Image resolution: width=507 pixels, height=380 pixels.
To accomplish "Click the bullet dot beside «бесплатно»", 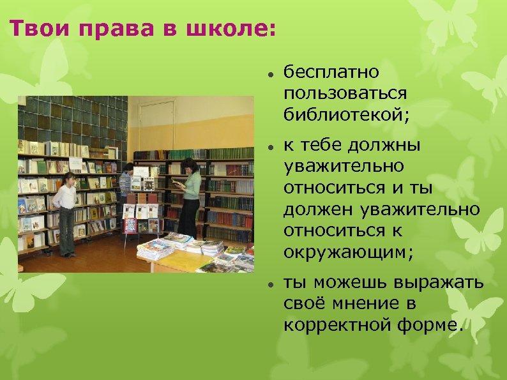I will tap(271, 73).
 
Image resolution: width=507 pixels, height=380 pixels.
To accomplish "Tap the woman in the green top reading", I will tap(190, 194).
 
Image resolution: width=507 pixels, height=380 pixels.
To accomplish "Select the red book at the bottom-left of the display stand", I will tap(130, 225).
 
